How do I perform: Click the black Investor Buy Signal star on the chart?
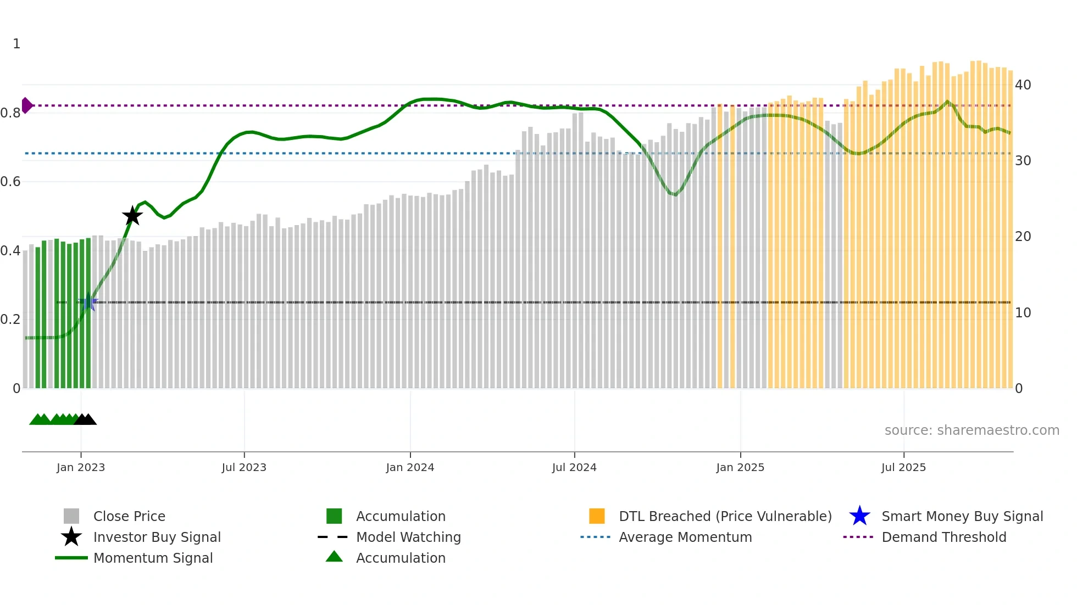pyautogui.click(x=132, y=216)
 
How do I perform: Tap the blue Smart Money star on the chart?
pyautogui.click(x=88, y=302)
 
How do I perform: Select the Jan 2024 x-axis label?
pyautogui.click(x=410, y=467)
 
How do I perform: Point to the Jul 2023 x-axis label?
pyautogui.click(x=244, y=467)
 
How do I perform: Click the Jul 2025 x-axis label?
pyautogui.click(x=903, y=467)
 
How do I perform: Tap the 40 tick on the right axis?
pyautogui.click(x=1023, y=85)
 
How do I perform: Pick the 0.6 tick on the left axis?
pyautogui.click(x=11, y=182)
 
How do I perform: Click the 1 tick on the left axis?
pyautogui.click(x=16, y=44)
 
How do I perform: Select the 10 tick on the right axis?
pyautogui.click(x=1023, y=313)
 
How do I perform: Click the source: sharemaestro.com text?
pyautogui.click(x=971, y=430)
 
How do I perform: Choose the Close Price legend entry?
pyautogui.click(x=129, y=516)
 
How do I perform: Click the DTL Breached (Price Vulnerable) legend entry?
pyautogui.click(x=725, y=516)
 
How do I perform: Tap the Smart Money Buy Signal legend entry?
pyautogui.click(x=962, y=516)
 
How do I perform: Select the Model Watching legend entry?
pyautogui.click(x=408, y=537)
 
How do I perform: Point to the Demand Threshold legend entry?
pyautogui.click(x=943, y=537)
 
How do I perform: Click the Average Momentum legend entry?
pyautogui.click(x=685, y=537)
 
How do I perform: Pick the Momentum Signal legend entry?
pyautogui.click(x=153, y=558)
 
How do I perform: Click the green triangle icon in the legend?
pyautogui.click(x=334, y=557)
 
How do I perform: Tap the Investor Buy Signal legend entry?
pyautogui.click(x=157, y=537)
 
